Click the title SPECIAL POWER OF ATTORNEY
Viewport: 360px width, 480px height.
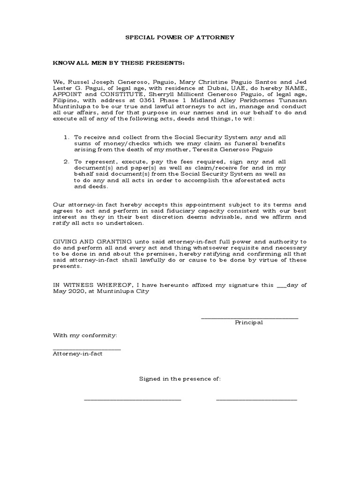pos(180,37)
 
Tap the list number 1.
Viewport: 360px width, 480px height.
pos(66,136)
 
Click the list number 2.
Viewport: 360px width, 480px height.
pos(66,161)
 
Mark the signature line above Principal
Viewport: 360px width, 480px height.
pos(249,318)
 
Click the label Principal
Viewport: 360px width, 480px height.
pos(249,322)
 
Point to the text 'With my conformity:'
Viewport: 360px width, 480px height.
pos(85,336)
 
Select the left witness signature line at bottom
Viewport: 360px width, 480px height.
pos(132,399)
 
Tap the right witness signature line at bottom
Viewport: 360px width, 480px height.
pos(256,399)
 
